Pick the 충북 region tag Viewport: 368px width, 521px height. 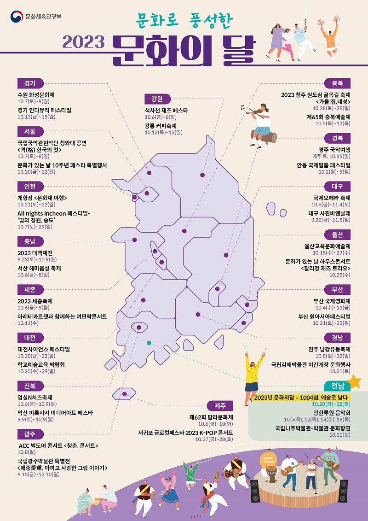337,84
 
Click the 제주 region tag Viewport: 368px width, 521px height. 220,406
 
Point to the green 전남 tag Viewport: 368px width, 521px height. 337,386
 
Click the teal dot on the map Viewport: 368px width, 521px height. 149,343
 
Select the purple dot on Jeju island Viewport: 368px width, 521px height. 125,394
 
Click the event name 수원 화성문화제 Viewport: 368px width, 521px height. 36,94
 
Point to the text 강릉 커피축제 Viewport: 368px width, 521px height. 160,126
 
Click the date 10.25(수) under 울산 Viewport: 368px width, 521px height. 340,275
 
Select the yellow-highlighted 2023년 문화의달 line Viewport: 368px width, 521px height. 302,397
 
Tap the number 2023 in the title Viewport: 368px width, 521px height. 84,42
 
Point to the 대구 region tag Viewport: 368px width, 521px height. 337,186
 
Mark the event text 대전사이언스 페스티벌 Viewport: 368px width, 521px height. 44,350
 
